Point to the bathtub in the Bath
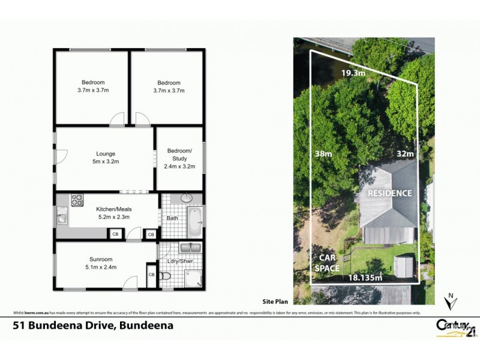[196, 222]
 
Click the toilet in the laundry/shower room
[167, 277]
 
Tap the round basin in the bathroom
[185, 198]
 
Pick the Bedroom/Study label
[179, 158]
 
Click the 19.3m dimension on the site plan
[353, 73]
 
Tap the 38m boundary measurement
[323, 154]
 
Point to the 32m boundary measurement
[406, 154]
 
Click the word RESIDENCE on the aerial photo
[390, 193]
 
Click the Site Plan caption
[276, 303]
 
